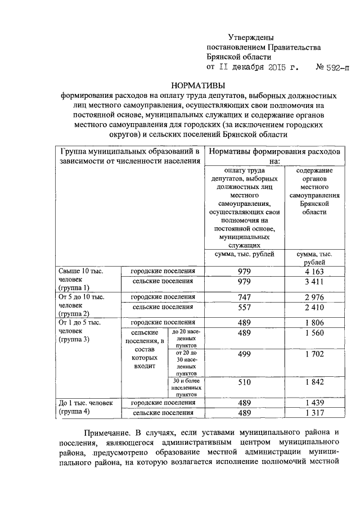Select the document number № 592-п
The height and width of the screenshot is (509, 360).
pos(332,66)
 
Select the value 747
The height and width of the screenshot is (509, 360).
pos(244,297)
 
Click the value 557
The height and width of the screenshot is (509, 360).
pos(244,308)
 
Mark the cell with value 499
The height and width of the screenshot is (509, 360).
pos(244,354)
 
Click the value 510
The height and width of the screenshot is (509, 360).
pos(244,382)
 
